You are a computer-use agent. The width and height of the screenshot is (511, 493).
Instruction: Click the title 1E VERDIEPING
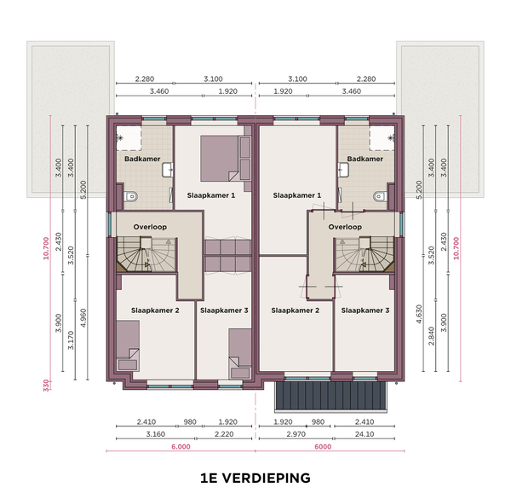click(255, 478)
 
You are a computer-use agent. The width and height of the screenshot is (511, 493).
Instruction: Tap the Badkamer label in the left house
click(142, 159)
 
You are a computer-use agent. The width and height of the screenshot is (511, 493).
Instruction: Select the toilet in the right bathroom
click(379, 196)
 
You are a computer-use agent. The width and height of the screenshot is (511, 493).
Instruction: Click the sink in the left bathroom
click(167, 170)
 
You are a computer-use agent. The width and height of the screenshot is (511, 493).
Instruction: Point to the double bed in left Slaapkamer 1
click(220, 159)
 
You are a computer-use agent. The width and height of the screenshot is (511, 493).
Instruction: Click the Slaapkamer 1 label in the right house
click(297, 195)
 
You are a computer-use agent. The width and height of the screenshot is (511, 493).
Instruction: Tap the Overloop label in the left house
click(150, 227)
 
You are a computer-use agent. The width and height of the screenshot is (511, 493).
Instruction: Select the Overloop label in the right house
click(345, 227)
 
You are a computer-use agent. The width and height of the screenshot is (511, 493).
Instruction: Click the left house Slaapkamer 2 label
click(155, 310)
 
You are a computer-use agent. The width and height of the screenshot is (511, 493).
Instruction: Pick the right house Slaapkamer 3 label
click(365, 310)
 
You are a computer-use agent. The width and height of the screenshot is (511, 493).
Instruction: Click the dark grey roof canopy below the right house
click(330, 396)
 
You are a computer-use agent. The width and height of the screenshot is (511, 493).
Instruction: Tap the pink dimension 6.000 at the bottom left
click(181, 447)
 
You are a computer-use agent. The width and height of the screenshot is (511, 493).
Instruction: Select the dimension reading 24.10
click(365, 434)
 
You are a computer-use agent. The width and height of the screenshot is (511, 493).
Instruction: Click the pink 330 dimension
click(46, 386)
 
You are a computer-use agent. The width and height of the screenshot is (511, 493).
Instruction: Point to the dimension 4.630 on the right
click(419, 314)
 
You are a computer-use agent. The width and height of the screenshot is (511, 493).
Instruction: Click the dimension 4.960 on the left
click(83, 318)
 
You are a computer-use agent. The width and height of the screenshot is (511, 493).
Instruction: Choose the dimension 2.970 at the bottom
click(296, 434)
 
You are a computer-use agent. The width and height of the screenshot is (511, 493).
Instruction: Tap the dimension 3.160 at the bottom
click(156, 434)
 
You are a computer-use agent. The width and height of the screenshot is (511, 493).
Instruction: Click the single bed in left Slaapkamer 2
click(128, 345)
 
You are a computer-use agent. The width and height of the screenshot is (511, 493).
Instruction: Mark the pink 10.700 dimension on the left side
click(46, 248)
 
